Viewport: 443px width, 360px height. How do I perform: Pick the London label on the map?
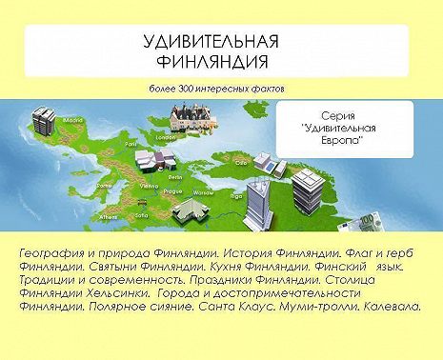pyautogui.click(x=165, y=137)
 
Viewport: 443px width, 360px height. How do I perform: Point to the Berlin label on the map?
pyautogui.click(x=175, y=177)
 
